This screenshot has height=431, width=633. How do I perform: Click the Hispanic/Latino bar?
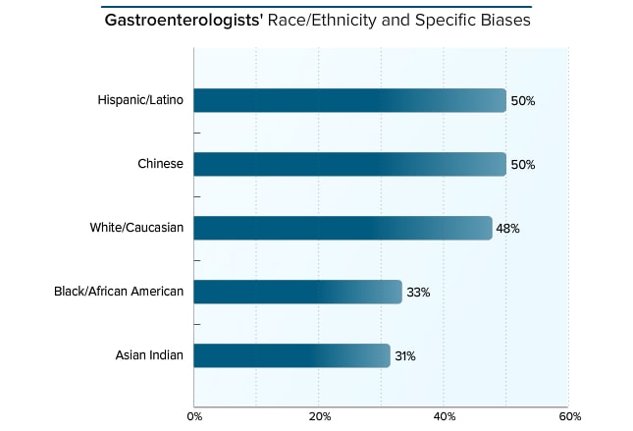click(x=349, y=100)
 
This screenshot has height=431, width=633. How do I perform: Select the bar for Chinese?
click(x=349, y=164)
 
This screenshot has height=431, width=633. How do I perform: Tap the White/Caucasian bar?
click(x=343, y=228)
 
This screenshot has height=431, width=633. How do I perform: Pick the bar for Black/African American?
click(x=297, y=292)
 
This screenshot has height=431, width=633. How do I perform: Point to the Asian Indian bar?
click(x=291, y=355)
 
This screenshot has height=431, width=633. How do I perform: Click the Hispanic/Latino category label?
click(x=140, y=100)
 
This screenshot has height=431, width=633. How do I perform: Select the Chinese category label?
click(x=160, y=164)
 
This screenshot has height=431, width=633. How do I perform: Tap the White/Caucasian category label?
click(x=136, y=228)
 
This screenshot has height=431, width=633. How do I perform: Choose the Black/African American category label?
click(x=119, y=292)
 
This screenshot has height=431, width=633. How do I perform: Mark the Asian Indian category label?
click(x=149, y=355)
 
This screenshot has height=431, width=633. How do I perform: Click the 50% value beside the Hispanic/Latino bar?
click(x=523, y=101)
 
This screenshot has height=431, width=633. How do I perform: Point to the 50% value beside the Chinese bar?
click(x=523, y=165)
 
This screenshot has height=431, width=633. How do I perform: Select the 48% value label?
click(x=507, y=229)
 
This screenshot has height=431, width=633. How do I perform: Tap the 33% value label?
click(x=418, y=293)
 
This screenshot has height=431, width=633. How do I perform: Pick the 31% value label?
click(x=405, y=356)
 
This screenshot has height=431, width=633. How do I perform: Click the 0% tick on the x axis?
click(x=194, y=415)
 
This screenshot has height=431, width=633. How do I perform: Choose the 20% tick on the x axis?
click(x=319, y=415)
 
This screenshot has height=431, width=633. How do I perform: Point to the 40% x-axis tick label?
click(x=444, y=415)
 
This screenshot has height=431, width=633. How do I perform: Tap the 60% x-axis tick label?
click(x=568, y=415)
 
